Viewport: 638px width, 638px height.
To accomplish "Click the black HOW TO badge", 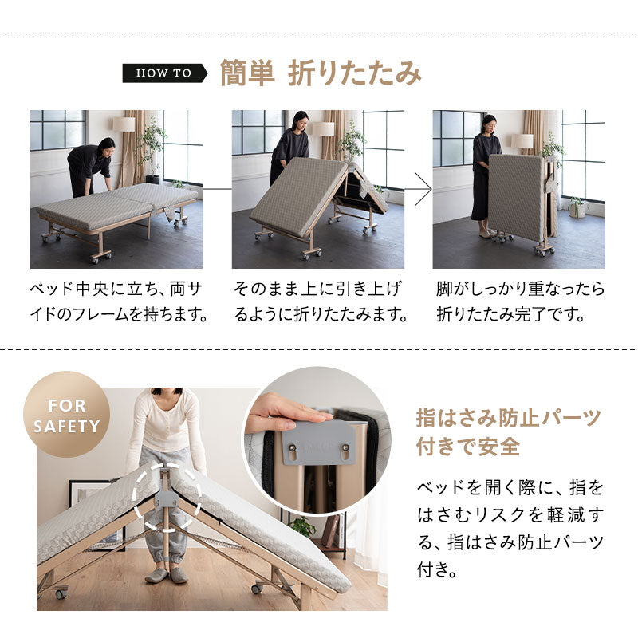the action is (x=165, y=73).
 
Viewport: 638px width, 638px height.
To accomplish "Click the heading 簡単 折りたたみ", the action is (x=321, y=73).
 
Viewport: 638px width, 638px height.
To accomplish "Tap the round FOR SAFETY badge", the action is (x=67, y=414).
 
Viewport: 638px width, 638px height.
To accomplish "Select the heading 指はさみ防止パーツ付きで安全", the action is (x=508, y=432).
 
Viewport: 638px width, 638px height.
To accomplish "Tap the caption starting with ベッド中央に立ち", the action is (x=119, y=301).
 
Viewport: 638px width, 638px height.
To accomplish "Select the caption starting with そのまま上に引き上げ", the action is (x=321, y=301).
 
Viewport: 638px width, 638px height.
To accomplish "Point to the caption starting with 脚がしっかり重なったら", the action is (x=521, y=301).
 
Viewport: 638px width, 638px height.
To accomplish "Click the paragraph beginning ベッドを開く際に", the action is (x=510, y=529).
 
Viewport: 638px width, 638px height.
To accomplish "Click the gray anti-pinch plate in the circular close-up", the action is (x=318, y=443).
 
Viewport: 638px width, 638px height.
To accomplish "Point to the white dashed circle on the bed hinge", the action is (x=167, y=497).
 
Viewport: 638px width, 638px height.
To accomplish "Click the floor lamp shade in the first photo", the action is (x=124, y=124).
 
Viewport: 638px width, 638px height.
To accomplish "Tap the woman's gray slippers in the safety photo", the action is (x=167, y=575).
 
